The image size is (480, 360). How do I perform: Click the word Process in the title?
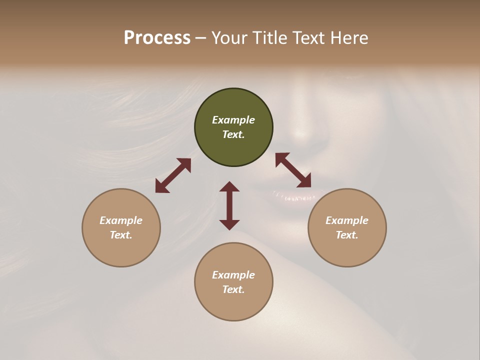(157, 38)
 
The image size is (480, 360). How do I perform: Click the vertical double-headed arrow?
(229, 205)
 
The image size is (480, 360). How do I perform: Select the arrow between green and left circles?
(173, 175)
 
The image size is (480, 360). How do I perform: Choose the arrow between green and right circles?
(293, 170)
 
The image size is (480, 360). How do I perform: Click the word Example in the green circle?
(233, 120)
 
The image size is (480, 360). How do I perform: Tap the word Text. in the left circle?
(121, 235)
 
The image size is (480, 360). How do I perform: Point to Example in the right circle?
(347, 220)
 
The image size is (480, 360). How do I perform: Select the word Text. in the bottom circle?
(233, 289)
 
